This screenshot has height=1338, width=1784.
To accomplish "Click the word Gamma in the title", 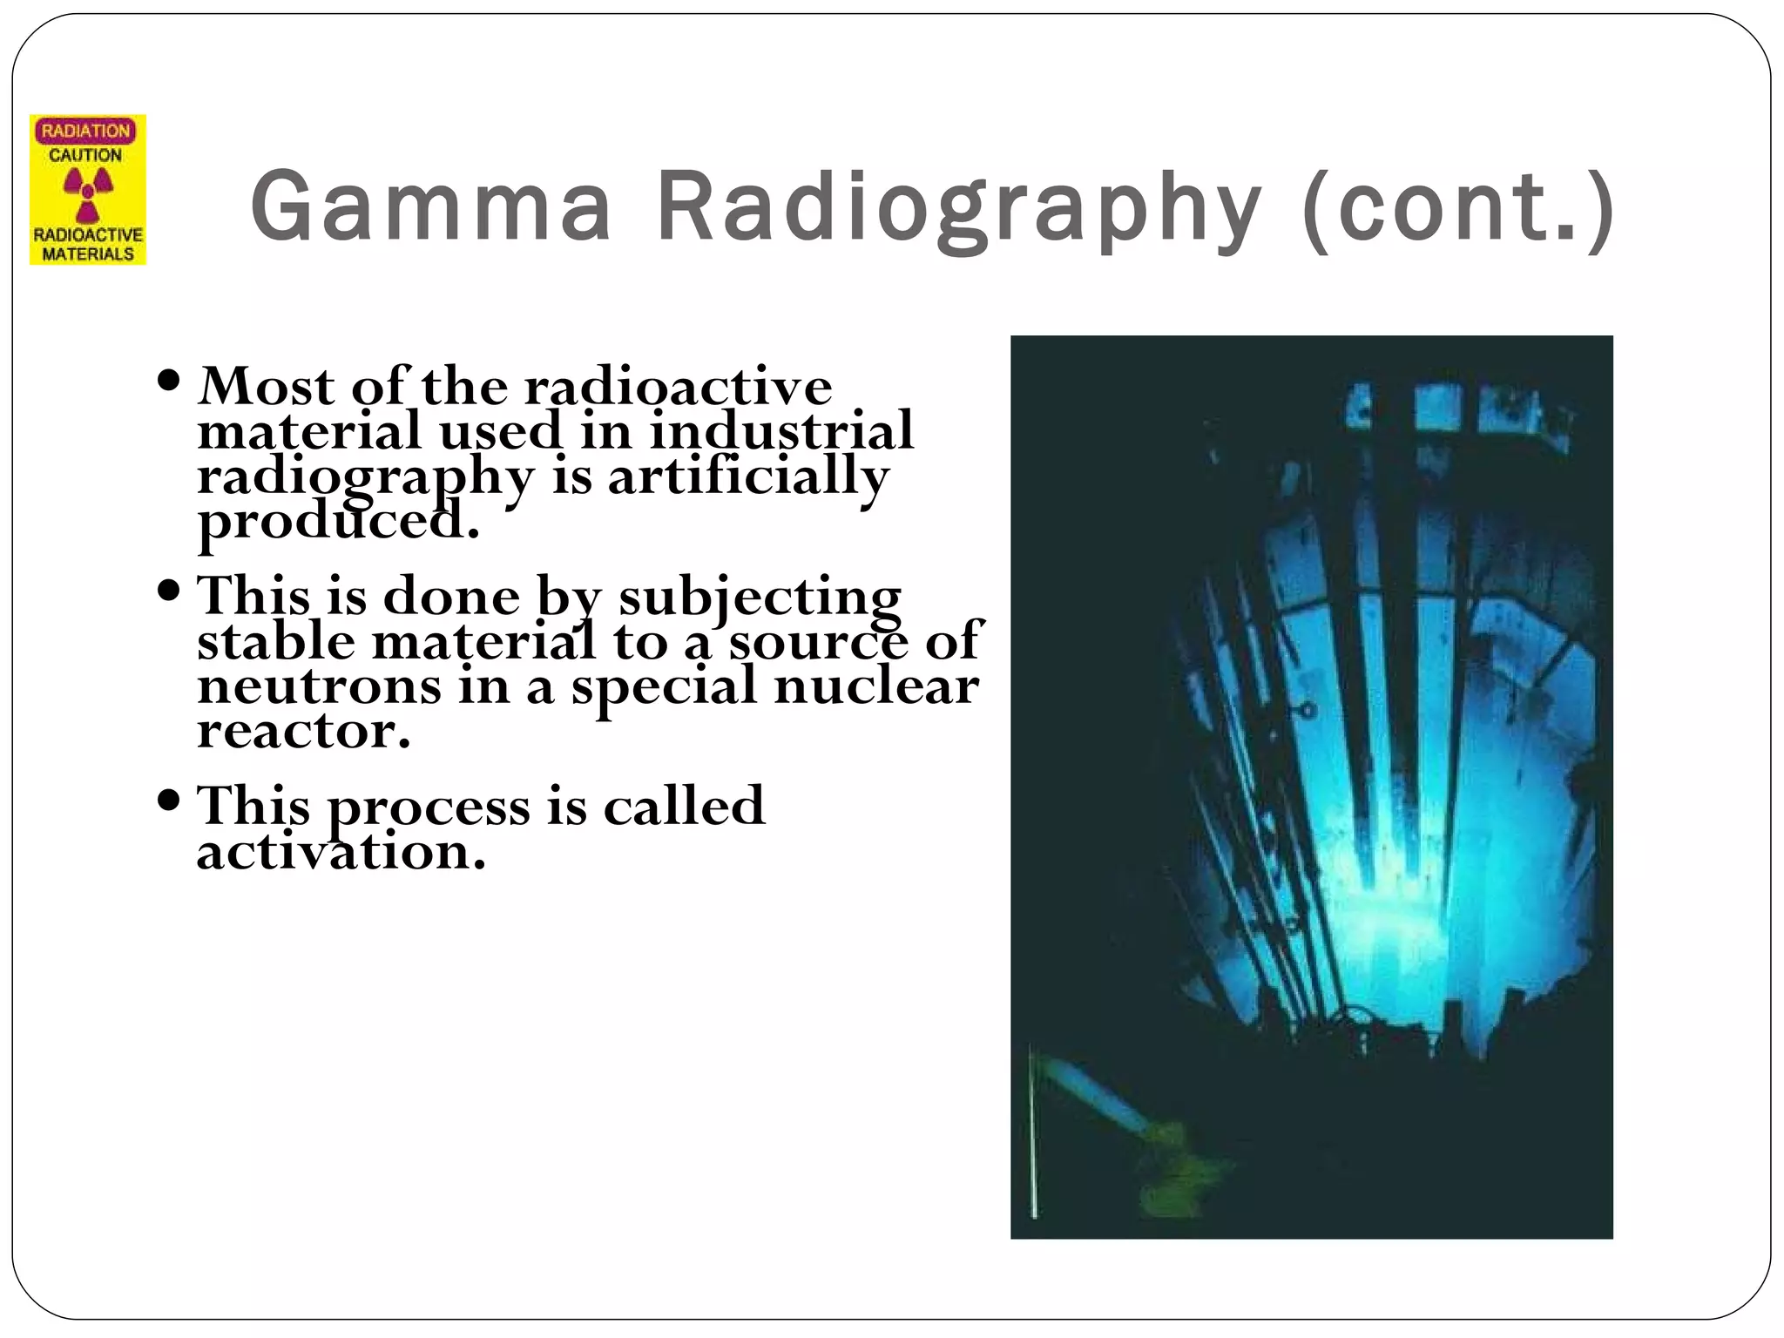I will [430, 207].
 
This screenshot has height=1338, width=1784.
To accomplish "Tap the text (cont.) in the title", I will [1458, 207].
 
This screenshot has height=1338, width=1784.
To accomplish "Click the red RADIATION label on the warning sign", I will [85, 132].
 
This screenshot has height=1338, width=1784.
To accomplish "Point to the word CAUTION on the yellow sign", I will [85, 155].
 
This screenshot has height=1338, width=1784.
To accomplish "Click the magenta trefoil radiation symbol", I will [87, 193].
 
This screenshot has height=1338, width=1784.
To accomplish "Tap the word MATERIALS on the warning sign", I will [88, 254].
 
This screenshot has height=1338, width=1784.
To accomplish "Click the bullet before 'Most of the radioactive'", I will [170, 381].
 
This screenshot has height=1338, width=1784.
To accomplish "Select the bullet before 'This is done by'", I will [170, 591].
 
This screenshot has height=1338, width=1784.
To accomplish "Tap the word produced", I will [338, 523].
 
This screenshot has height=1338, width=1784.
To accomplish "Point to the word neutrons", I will [319, 686].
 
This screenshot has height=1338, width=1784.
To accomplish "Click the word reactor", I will [302, 730].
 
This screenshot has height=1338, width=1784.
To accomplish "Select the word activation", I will [340, 852].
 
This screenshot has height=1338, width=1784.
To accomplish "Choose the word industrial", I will [781, 430].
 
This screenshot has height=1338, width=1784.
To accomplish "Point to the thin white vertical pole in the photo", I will [1032, 1132].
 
